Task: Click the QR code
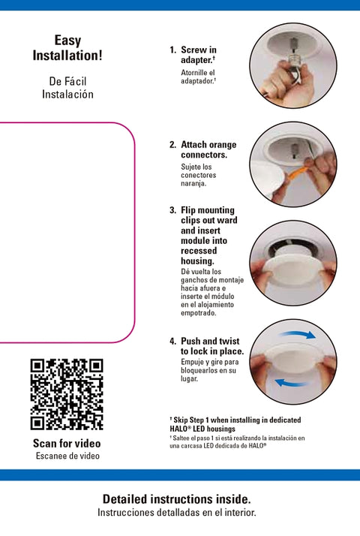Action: pos(67,394)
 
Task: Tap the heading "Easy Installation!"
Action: pos(67,48)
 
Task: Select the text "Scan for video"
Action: pos(67,444)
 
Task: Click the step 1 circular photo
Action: pos(293,65)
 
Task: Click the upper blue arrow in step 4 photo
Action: pos(297,334)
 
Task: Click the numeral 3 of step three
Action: pos(172,210)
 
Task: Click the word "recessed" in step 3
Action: pos(199,251)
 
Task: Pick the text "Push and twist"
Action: pos(210,341)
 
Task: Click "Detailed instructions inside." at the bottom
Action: pos(177,499)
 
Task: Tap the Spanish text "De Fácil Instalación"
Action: pos(67,88)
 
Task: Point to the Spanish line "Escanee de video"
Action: pos(67,456)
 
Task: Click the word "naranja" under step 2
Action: pos(193,183)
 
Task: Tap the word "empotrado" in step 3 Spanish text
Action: pos(199,313)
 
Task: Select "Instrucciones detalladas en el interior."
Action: pos(177,513)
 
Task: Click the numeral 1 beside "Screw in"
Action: pos(172,50)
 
